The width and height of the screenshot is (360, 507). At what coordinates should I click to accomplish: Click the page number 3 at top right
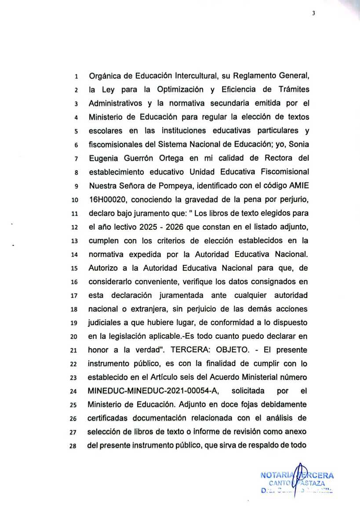click(x=313, y=13)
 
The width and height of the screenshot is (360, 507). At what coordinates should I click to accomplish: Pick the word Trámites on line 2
click(x=294, y=90)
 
